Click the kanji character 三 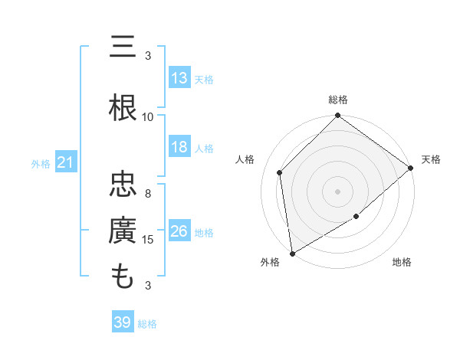click(x=123, y=47)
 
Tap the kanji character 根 click(x=123, y=108)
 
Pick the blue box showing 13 click(x=179, y=78)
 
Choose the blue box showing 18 click(x=179, y=148)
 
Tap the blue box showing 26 click(x=179, y=231)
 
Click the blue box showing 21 click(x=66, y=162)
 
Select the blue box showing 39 click(x=123, y=322)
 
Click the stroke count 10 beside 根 click(x=148, y=116)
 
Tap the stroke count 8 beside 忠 click(x=148, y=194)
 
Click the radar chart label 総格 click(x=338, y=100)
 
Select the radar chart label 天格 click(x=431, y=159)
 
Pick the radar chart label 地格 click(x=402, y=263)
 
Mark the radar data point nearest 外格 click(x=292, y=253)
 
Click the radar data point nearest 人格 click(x=280, y=172)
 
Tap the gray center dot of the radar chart click(x=338, y=191)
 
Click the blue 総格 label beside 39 click(x=147, y=323)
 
